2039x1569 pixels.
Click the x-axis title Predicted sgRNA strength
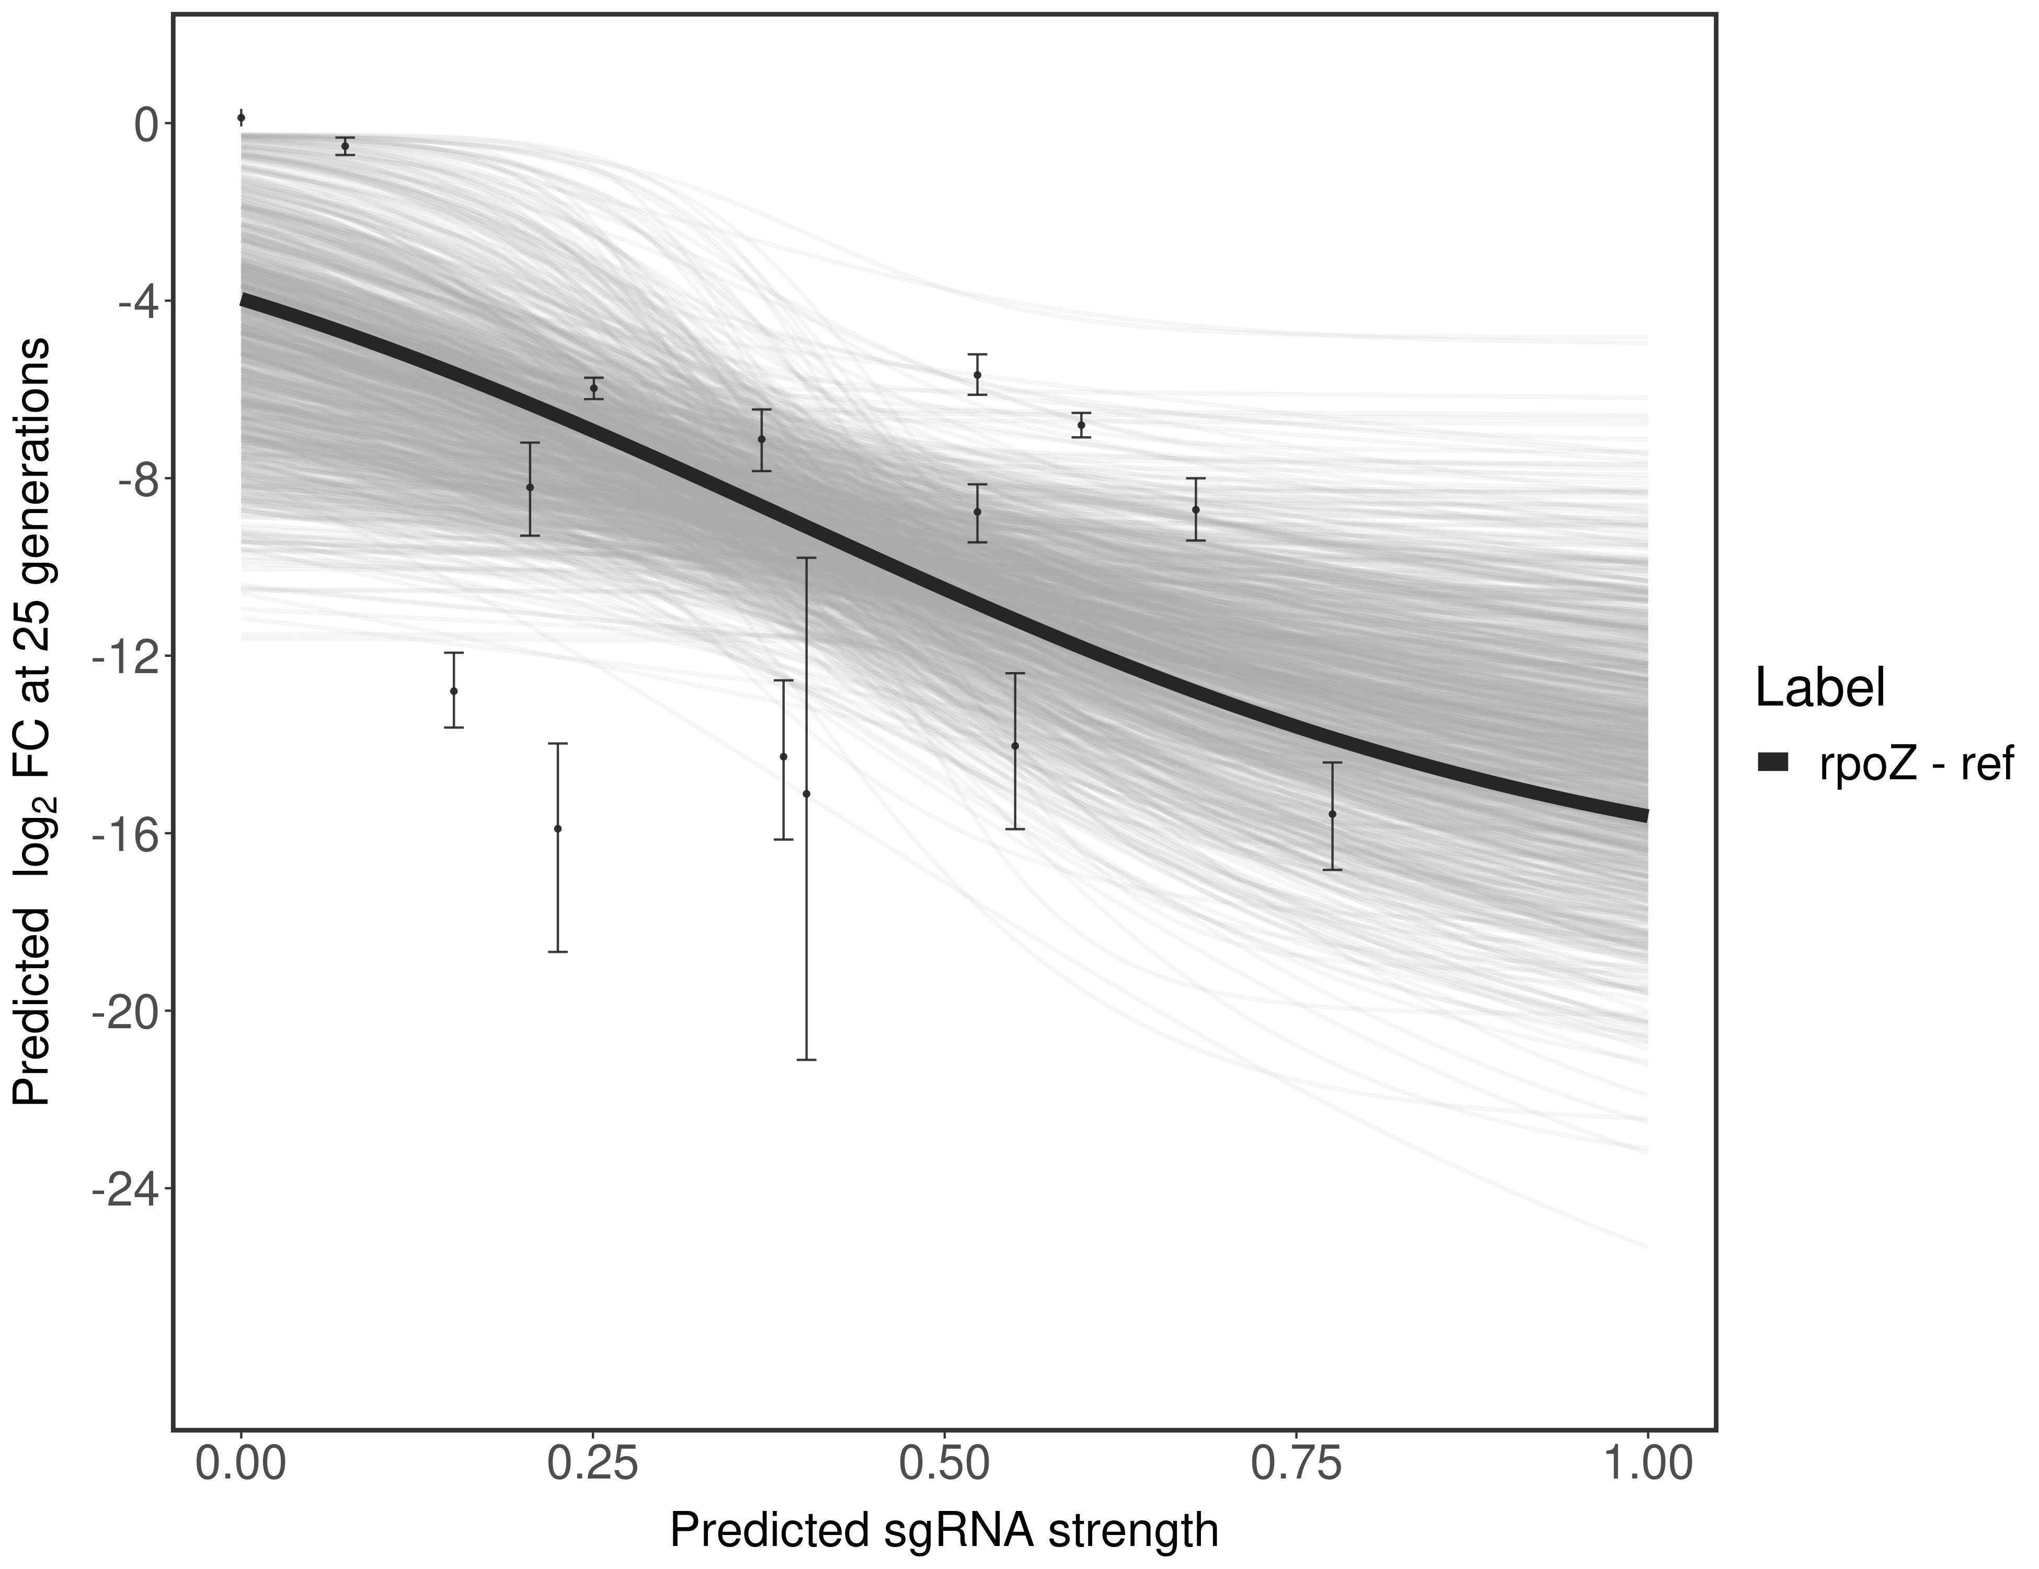944,1532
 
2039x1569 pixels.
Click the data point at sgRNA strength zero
241,118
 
